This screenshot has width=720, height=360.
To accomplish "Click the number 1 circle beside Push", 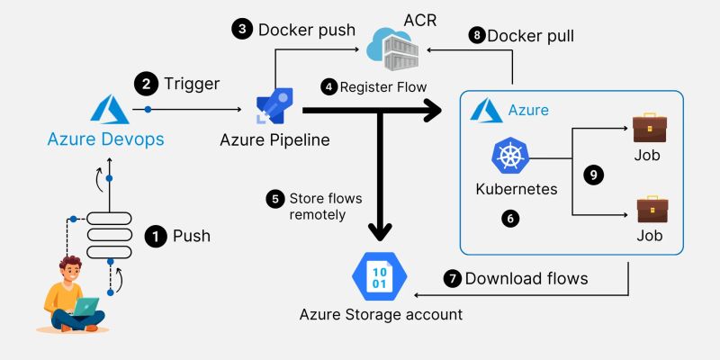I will pos(156,237).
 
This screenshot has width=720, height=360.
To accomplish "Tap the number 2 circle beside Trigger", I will pos(145,85).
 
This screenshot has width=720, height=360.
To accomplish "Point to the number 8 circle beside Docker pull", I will pos(476,36).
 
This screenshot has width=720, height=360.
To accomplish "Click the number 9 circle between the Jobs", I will pos(592,175).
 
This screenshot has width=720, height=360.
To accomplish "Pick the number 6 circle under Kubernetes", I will pos(510,219).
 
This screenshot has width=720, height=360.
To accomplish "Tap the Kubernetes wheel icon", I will pos(508,157).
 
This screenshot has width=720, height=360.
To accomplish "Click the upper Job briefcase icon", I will pos(649,127).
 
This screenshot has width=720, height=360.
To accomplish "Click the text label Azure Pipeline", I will pos(274,140).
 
